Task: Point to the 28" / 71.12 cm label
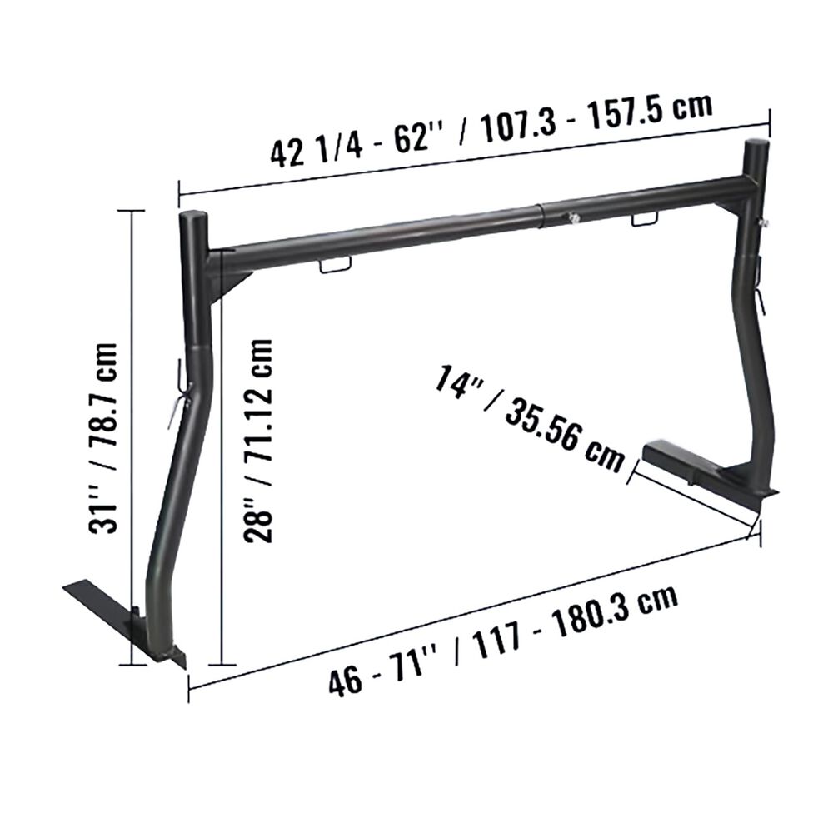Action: point(258,441)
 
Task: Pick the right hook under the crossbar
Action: point(644,219)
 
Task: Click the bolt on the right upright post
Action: point(764,223)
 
